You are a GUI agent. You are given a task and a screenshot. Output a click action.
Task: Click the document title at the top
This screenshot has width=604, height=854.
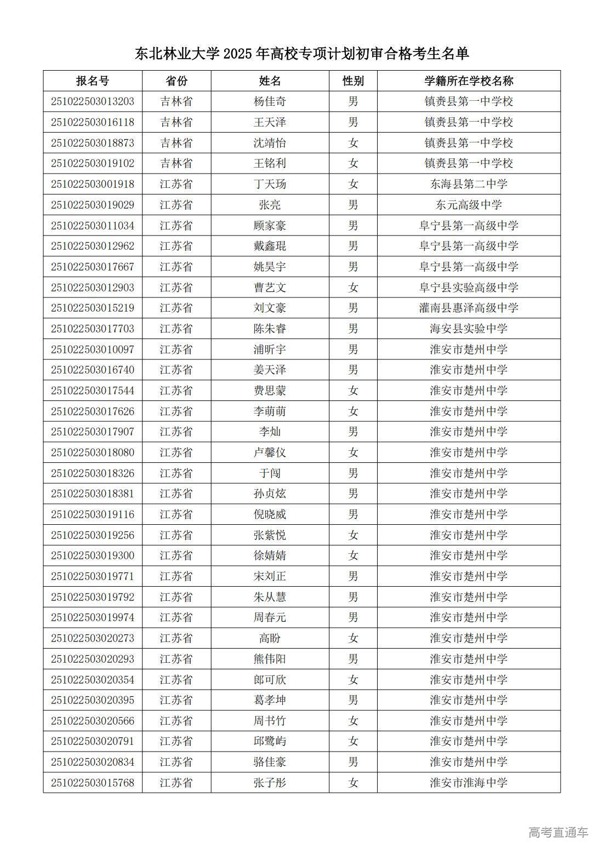pyautogui.click(x=302, y=54)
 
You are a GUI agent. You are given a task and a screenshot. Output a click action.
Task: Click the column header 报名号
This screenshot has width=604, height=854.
pyautogui.click(x=93, y=81)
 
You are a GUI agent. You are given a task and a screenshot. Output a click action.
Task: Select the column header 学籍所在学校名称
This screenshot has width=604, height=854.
pyautogui.click(x=469, y=81)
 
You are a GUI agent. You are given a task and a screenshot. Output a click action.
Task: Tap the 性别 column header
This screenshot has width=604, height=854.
pyautogui.click(x=353, y=81)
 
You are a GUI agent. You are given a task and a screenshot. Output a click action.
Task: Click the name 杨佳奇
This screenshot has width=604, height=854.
pyautogui.click(x=270, y=101)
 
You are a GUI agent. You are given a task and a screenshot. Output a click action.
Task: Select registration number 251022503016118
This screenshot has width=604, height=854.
pyautogui.click(x=93, y=122)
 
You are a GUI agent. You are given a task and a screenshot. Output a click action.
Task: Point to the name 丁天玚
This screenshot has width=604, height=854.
pyautogui.click(x=270, y=184)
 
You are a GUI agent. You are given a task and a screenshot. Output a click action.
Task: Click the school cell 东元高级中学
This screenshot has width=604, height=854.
pyautogui.click(x=469, y=205)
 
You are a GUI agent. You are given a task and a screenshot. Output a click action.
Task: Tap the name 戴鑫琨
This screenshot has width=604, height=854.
pyautogui.click(x=270, y=246)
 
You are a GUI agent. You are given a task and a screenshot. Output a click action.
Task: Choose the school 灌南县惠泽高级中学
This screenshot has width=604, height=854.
pyautogui.click(x=469, y=308)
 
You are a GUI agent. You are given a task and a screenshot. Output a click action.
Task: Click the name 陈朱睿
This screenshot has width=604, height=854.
pyautogui.click(x=270, y=329)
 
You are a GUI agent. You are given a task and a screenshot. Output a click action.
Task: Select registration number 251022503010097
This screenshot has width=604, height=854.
pyautogui.click(x=93, y=349)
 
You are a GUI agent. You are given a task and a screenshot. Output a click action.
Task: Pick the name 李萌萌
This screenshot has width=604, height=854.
pyautogui.click(x=270, y=411)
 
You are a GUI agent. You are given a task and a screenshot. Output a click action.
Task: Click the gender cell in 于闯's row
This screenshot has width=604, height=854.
pyautogui.click(x=353, y=473)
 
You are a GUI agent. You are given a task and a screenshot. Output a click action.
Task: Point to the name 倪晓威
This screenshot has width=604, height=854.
pyautogui.click(x=270, y=514)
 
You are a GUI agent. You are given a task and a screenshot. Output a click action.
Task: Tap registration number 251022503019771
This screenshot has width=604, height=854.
pyautogui.click(x=93, y=576)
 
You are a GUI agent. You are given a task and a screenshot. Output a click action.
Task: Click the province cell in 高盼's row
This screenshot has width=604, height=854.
pyautogui.click(x=176, y=638)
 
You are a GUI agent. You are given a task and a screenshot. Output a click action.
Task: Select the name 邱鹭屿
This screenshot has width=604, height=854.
pyautogui.click(x=270, y=741)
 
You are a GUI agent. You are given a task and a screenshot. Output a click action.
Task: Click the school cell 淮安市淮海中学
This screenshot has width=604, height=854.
pyautogui.click(x=469, y=783)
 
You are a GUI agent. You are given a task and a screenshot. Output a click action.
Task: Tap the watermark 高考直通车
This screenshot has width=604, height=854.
pyautogui.click(x=558, y=833)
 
